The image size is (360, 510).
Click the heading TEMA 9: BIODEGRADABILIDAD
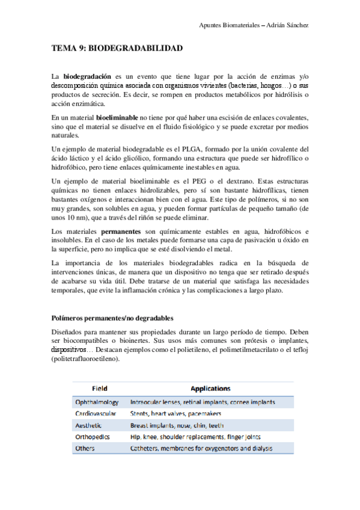pyautogui.click(x=117, y=48)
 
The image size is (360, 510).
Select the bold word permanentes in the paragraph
pyautogui.click(x=123, y=232)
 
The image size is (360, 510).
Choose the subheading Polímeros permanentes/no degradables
pyautogui.click(x=113, y=318)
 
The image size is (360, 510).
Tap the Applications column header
pyautogui.click(x=210, y=389)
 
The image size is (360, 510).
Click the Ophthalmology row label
pyautogui.click(x=97, y=402)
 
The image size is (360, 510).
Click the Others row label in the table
pyautogui.click(x=85, y=448)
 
